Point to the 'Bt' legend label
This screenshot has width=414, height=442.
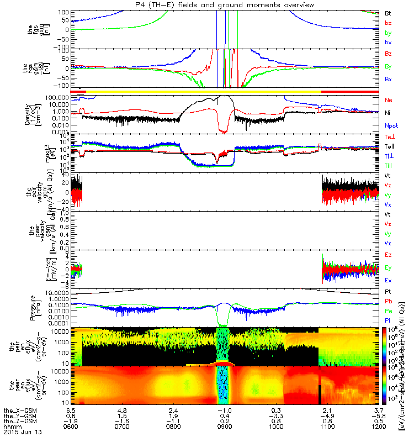(388, 13)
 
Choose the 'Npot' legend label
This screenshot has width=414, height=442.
(391, 127)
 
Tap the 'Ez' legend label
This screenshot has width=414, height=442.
(388, 255)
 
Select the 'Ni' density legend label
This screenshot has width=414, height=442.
(388, 114)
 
